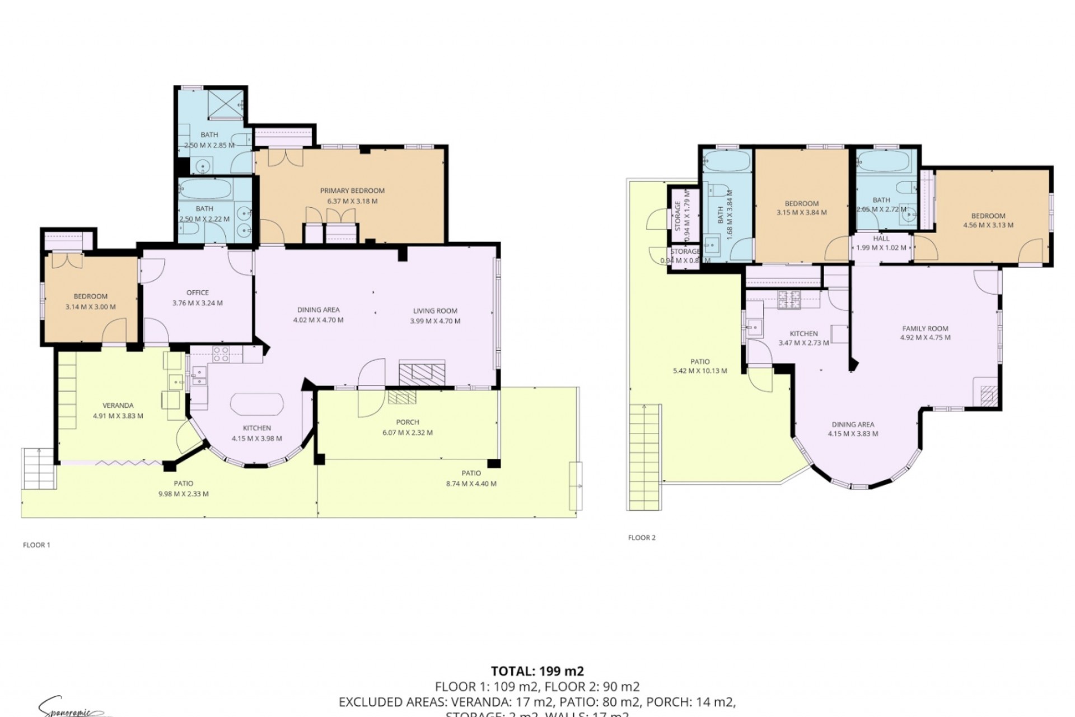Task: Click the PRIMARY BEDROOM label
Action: click(x=352, y=191)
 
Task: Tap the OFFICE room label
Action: click(x=198, y=292)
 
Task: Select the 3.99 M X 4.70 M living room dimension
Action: click(x=435, y=321)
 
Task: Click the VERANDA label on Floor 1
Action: click(x=118, y=406)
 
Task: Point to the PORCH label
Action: click(x=407, y=422)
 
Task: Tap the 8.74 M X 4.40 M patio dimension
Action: click(x=471, y=484)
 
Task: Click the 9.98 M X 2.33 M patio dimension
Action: click(x=183, y=494)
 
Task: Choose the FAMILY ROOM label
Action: click(x=925, y=329)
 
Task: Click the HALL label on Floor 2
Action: click(x=881, y=239)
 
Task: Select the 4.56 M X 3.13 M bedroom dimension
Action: click(x=988, y=225)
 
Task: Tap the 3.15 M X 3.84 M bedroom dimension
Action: click(x=801, y=213)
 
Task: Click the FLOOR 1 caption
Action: click(x=36, y=544)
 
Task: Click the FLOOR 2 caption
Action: click(x=642, y=538)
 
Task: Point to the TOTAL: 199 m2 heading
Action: click(x=537, y=671)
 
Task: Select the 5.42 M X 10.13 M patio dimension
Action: click(x=700, y=371)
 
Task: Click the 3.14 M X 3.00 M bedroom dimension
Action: click(x=90, y=307)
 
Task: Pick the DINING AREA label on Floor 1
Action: click(x=318, y=310)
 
